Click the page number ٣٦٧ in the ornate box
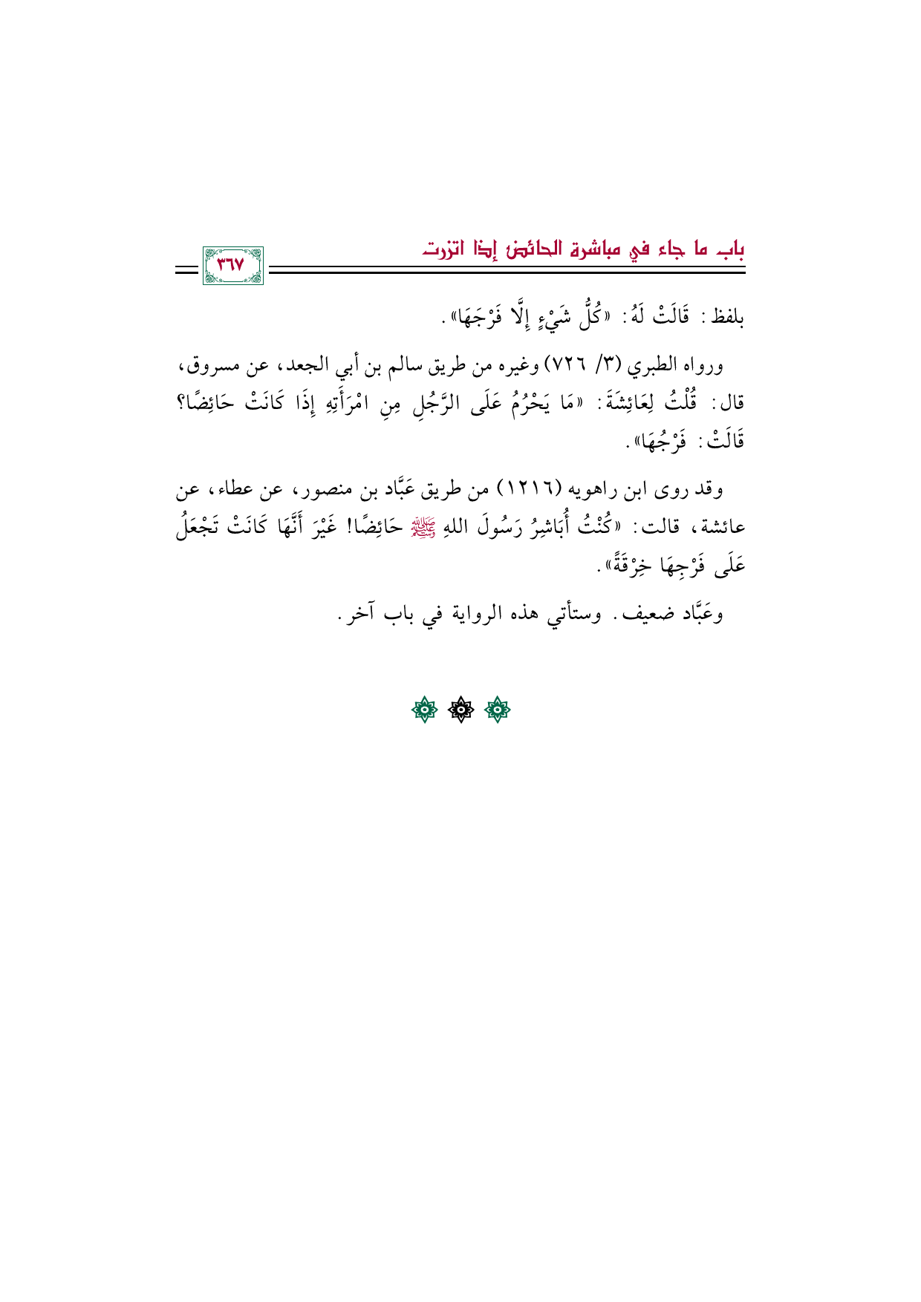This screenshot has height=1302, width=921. [232, 266]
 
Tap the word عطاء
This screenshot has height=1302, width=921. [235, 490]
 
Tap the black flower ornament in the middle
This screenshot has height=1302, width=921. [461, 711]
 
